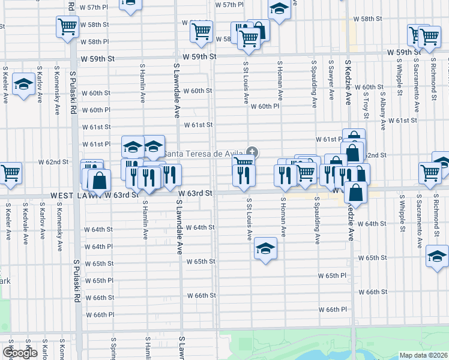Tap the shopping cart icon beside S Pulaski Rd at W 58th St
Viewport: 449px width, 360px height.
point(67,26)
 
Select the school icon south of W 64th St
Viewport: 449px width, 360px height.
point(265,248)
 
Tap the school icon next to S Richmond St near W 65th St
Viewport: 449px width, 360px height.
point(438,256)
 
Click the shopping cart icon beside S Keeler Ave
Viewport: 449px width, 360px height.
point(10,173)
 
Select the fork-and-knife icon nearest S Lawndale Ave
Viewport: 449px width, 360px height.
point(170,175)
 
